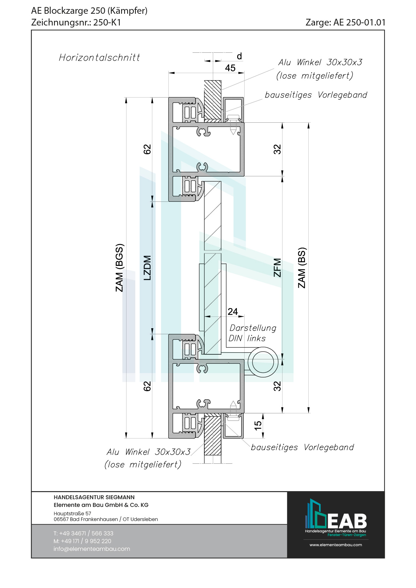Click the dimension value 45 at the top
pos(230,68)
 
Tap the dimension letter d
pos(239,56)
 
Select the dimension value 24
pos(232,312)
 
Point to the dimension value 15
pos(258,425)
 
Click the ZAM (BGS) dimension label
pos(119,268)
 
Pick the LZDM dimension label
pos(147,268)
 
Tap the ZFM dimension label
pos(277,268)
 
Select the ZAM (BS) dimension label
pos(302,268)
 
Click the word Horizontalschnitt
pos(99,58)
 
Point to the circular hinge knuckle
pos(263,362)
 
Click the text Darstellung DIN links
pos(252,333)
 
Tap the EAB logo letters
pos(347,521)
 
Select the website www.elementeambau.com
pos(335,545)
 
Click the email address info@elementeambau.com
pos(92,549)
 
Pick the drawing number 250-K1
pos(107,22)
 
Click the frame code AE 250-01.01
pos(359,22)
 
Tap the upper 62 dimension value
pos(147,149)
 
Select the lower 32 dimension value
pos(277,386)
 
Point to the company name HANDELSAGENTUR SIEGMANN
pos(94,497)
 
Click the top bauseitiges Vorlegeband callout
pos(316,95)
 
